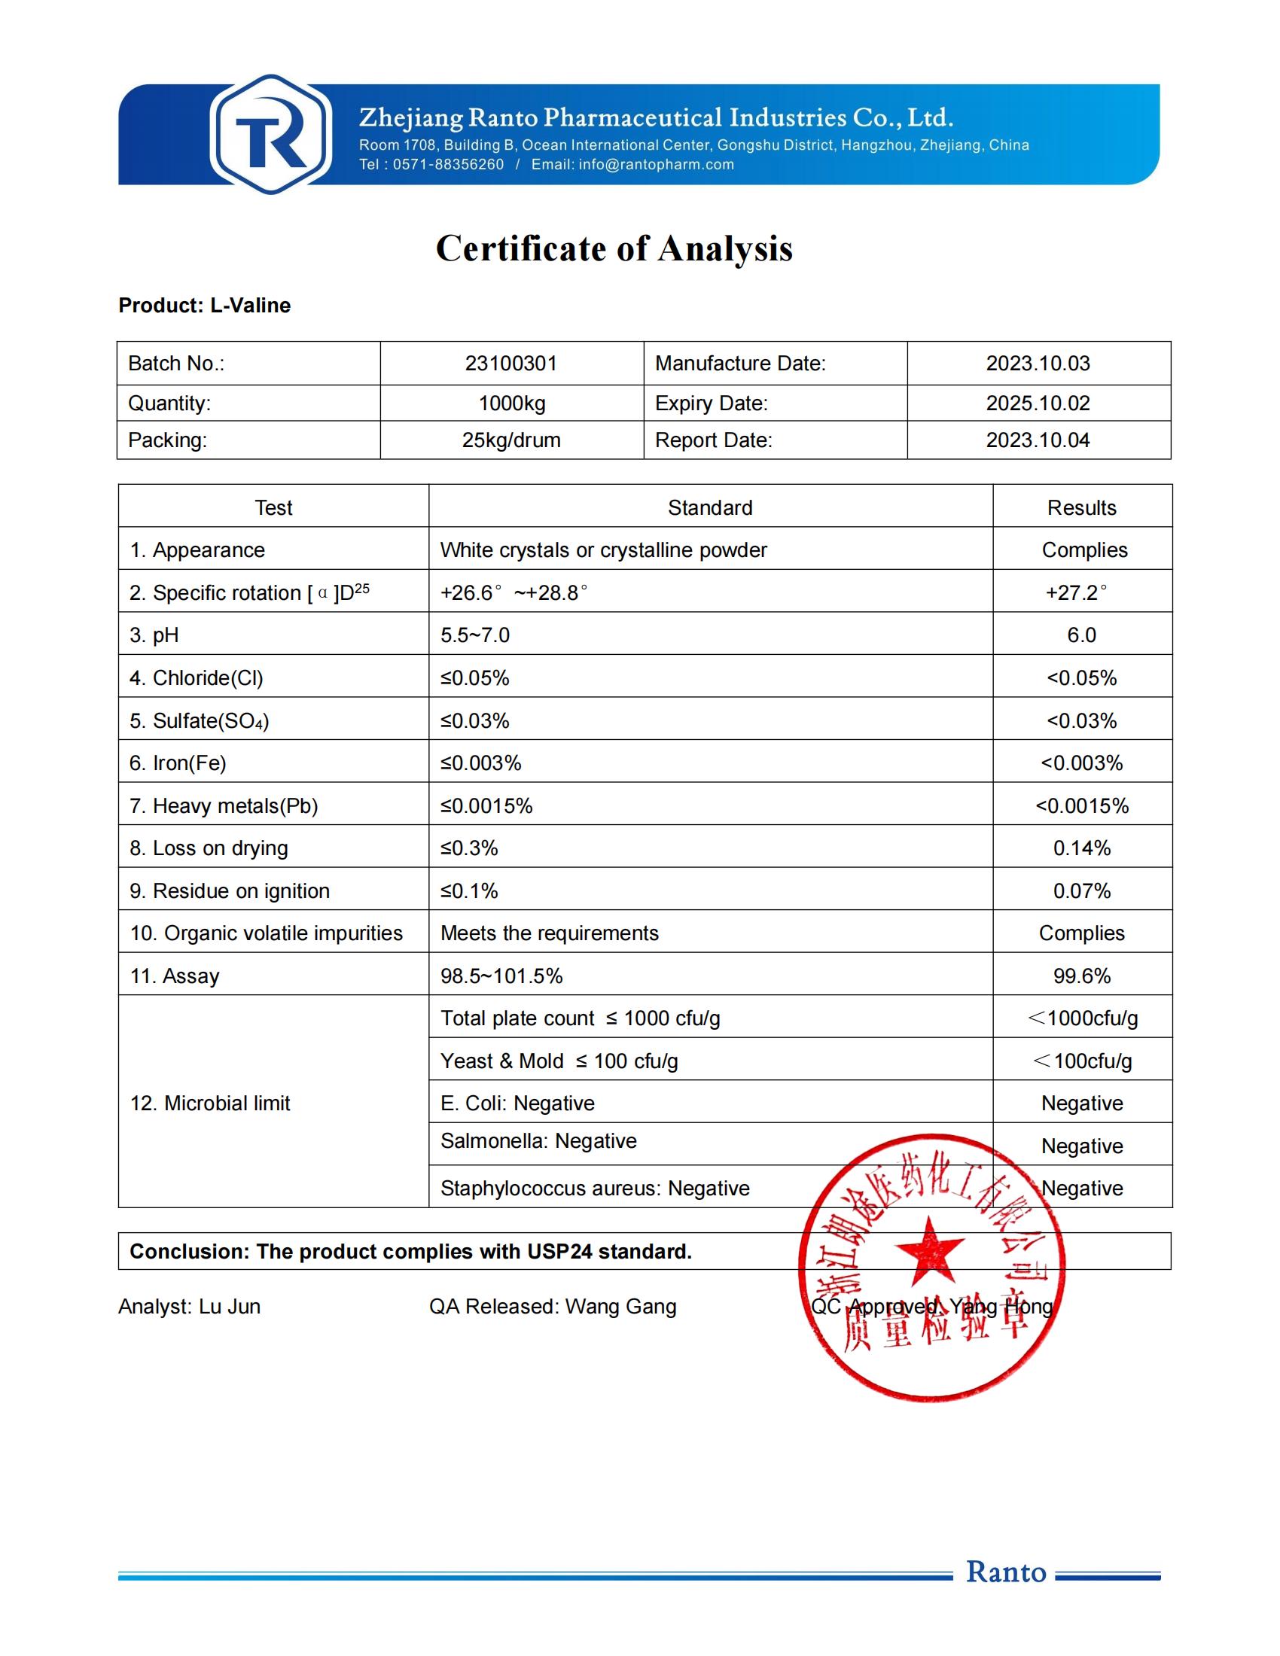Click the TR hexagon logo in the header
point(271,134)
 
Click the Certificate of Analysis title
point(614,248)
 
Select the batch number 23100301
point(511,364)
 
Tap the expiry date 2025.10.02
point(1038,403)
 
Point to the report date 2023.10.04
point(1038,440)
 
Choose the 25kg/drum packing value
point(511,440)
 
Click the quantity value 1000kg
point(511,403)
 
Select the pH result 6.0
point(1081,635)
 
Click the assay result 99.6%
point(1081,976)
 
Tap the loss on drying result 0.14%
point(1081,848)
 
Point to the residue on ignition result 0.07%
point(1081,891)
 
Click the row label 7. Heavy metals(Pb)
point(224,806)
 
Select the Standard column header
point(710,508)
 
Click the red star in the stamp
point(930,1249)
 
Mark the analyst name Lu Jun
point(229,1307)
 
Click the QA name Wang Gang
point(620,1307)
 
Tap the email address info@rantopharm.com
point(656,165)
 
